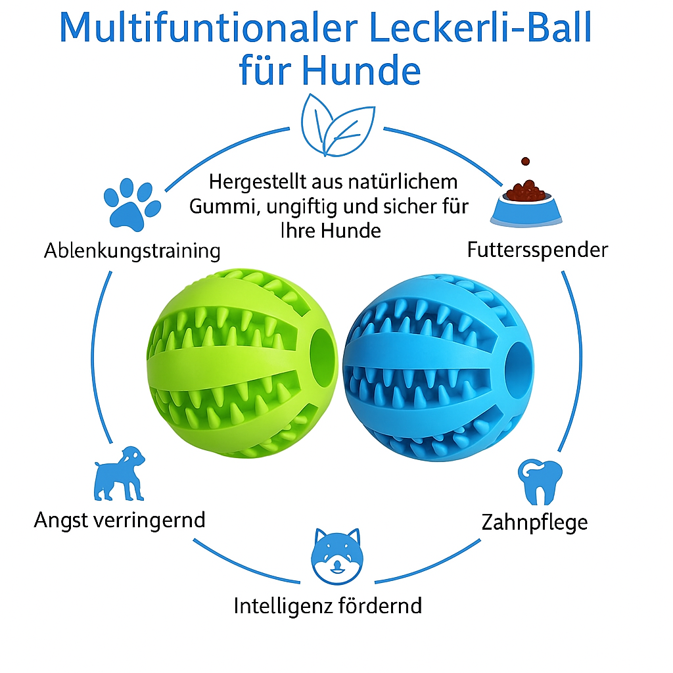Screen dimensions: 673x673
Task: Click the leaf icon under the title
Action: pyautogui.click(x=336, y=126)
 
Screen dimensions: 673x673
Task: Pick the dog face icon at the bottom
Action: pyautogui.click(x=336, y=555)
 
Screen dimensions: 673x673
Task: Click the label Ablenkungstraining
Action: pyautogui.click(x=132, y=250)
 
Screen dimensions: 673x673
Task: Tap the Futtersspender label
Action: pyautogui.click(x=538, y=250)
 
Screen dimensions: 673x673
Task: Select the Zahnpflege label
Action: pyautogui.click(x=534, y=522)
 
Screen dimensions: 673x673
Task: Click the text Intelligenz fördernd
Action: pyautogui.click(x=328, y=605)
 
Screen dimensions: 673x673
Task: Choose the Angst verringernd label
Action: pyautogui.click(x=120, y=520)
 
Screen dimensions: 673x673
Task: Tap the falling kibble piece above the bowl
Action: pyautogui.click(x=525, y=161)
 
